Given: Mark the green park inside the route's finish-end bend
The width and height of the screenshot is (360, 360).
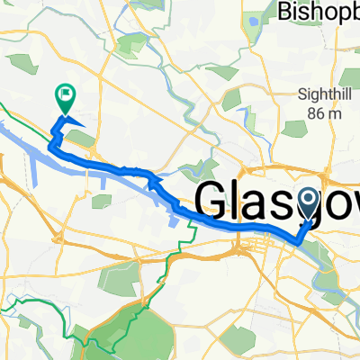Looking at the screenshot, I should click(x=78, y=138).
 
